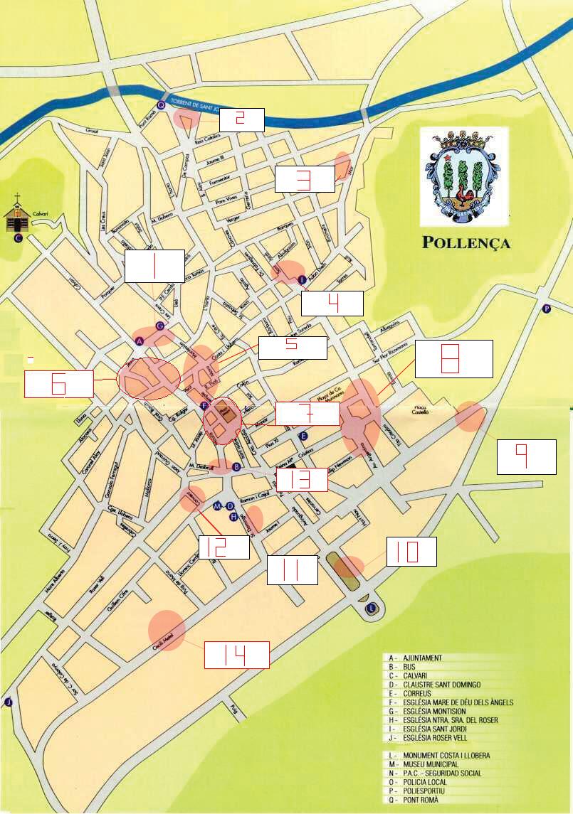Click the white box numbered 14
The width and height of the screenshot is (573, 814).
click(x=236, y=654)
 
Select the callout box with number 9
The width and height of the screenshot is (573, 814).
click(x=526, y=456)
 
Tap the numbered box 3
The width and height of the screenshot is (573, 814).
click(x=305, y=179)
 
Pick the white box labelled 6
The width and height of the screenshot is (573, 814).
click(x=58, y=384)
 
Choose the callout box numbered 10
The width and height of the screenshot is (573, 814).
click(x=411, y=552)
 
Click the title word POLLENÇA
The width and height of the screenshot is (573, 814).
click(x=466, y=242)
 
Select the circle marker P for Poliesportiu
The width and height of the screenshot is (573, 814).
click(x=547, y=309)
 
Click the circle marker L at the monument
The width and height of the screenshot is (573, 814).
click(x=371, y=608)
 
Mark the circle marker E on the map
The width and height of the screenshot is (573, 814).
click(x=303, y=435)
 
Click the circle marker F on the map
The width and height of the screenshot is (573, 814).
click(x=205, y=406)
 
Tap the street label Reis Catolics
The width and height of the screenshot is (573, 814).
click(x=207, y=140)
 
